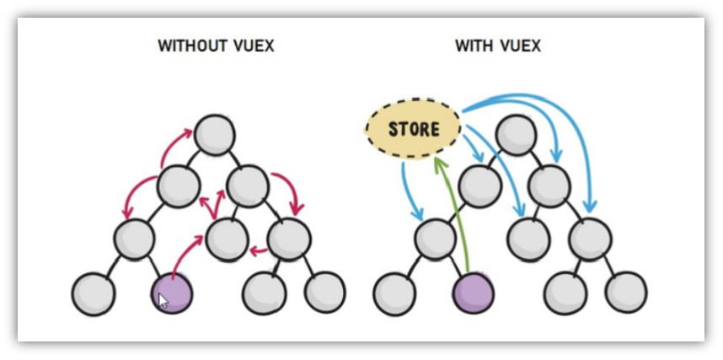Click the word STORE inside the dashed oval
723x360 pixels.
pos(414,130)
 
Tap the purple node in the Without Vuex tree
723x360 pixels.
pos(171,293)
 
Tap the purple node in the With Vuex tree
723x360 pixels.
pos(473,293)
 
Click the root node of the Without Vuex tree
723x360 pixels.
pos(214,133)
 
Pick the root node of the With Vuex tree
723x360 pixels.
pos(516,133)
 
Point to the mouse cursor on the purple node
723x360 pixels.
pos(163,300)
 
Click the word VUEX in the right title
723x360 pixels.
pos(522,46)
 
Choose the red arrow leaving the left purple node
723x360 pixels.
pos(185,254)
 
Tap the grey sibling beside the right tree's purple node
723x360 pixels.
pos(394,293)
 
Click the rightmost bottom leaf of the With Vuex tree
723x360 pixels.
pos(626,293)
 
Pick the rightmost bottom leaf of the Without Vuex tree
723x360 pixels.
pos(324,293)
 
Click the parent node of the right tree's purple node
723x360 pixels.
pos(435,239)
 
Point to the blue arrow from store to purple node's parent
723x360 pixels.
pos(410,190)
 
